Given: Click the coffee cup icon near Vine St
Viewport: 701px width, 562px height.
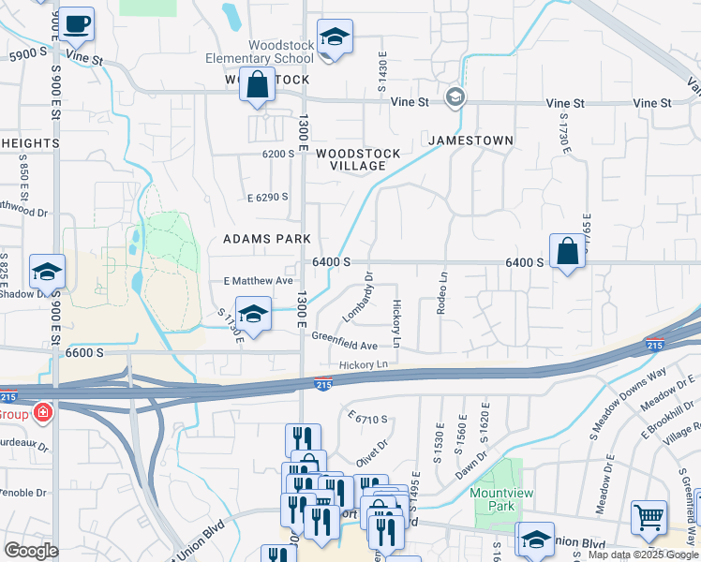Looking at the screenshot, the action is pyautogui.click(x=78, y=22).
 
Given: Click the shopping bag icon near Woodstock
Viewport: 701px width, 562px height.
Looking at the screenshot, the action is pyautogui.click(x=258, y=84).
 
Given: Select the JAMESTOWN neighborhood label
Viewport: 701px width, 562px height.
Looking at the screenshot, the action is pyautogui.click(x=471, y=140).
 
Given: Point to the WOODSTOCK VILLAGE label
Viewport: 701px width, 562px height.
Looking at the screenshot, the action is pyautogui.click(x=358, y=159).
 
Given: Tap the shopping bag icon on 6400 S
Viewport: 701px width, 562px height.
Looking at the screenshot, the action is pyautogui.click(x=567, y=251).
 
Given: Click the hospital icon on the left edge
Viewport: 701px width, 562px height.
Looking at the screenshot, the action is pyautogui.click(x=42, y=413).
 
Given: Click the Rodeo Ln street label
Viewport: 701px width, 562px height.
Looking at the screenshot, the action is pyautogui.click(x=441, y=292).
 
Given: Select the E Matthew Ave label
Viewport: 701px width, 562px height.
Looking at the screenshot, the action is pyautogui.click(x=259, y=280).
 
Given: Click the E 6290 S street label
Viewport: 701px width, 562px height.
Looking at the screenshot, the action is pyautogui.click(x=267, y=197).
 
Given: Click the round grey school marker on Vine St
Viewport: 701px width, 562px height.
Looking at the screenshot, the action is pyautogui.click(x=455, y=96).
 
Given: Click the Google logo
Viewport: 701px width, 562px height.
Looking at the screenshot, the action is pyautogui.click(x=31, y=551).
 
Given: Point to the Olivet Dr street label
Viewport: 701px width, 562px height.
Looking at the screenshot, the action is pyautogui.click(x=371, y=454).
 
